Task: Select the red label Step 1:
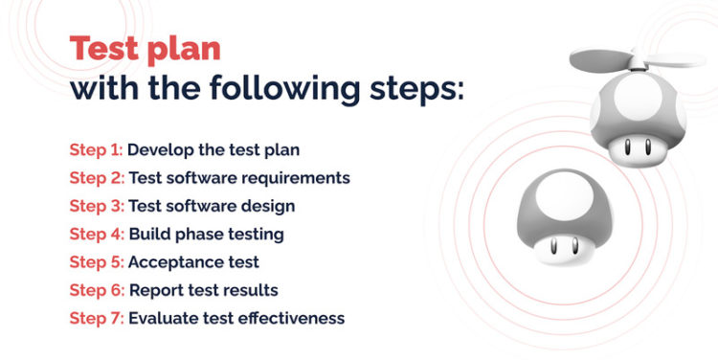coord(95,150)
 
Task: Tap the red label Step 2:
coord(96,178)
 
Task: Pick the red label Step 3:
coord(96,206)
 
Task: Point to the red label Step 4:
coord(96,234)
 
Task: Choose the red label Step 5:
coord(96,261)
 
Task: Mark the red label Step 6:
coord(96,289)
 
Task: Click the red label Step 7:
coord(96,317)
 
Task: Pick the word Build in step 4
coord(147,234)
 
